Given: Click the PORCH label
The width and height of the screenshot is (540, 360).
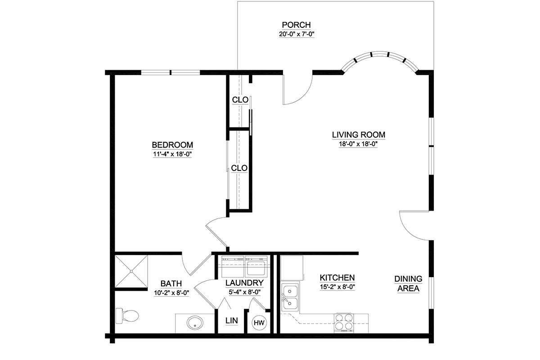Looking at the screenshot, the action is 296,25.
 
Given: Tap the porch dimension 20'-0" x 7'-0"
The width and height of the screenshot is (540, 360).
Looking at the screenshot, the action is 297,34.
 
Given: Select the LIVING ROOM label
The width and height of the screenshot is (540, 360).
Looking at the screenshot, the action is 359,135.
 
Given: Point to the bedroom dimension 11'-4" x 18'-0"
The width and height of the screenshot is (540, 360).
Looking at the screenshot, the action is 172,154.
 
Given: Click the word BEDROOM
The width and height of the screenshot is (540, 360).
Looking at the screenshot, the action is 172,145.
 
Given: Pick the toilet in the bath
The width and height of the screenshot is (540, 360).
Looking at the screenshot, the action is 127,315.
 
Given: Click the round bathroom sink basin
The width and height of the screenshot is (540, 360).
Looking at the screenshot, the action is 195,323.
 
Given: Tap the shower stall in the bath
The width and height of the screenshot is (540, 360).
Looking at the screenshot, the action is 131,271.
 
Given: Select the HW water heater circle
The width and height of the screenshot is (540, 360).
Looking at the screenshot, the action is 259,323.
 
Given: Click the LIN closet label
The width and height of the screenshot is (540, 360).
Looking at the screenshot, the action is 232,320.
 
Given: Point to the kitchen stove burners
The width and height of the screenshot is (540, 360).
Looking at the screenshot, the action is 344,322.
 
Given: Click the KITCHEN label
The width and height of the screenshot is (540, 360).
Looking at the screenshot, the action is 337,278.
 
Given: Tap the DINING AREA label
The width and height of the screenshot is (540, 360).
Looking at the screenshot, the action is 409,283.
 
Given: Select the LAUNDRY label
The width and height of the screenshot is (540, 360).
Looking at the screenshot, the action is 244,283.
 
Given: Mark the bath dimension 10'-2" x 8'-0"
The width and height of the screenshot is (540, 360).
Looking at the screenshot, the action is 171,293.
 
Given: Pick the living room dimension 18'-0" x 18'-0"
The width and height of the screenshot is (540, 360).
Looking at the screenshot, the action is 358,144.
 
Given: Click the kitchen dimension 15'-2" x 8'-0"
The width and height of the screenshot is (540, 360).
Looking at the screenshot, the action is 337,287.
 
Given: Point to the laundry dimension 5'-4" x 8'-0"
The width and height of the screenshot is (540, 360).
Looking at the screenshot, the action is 245,292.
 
